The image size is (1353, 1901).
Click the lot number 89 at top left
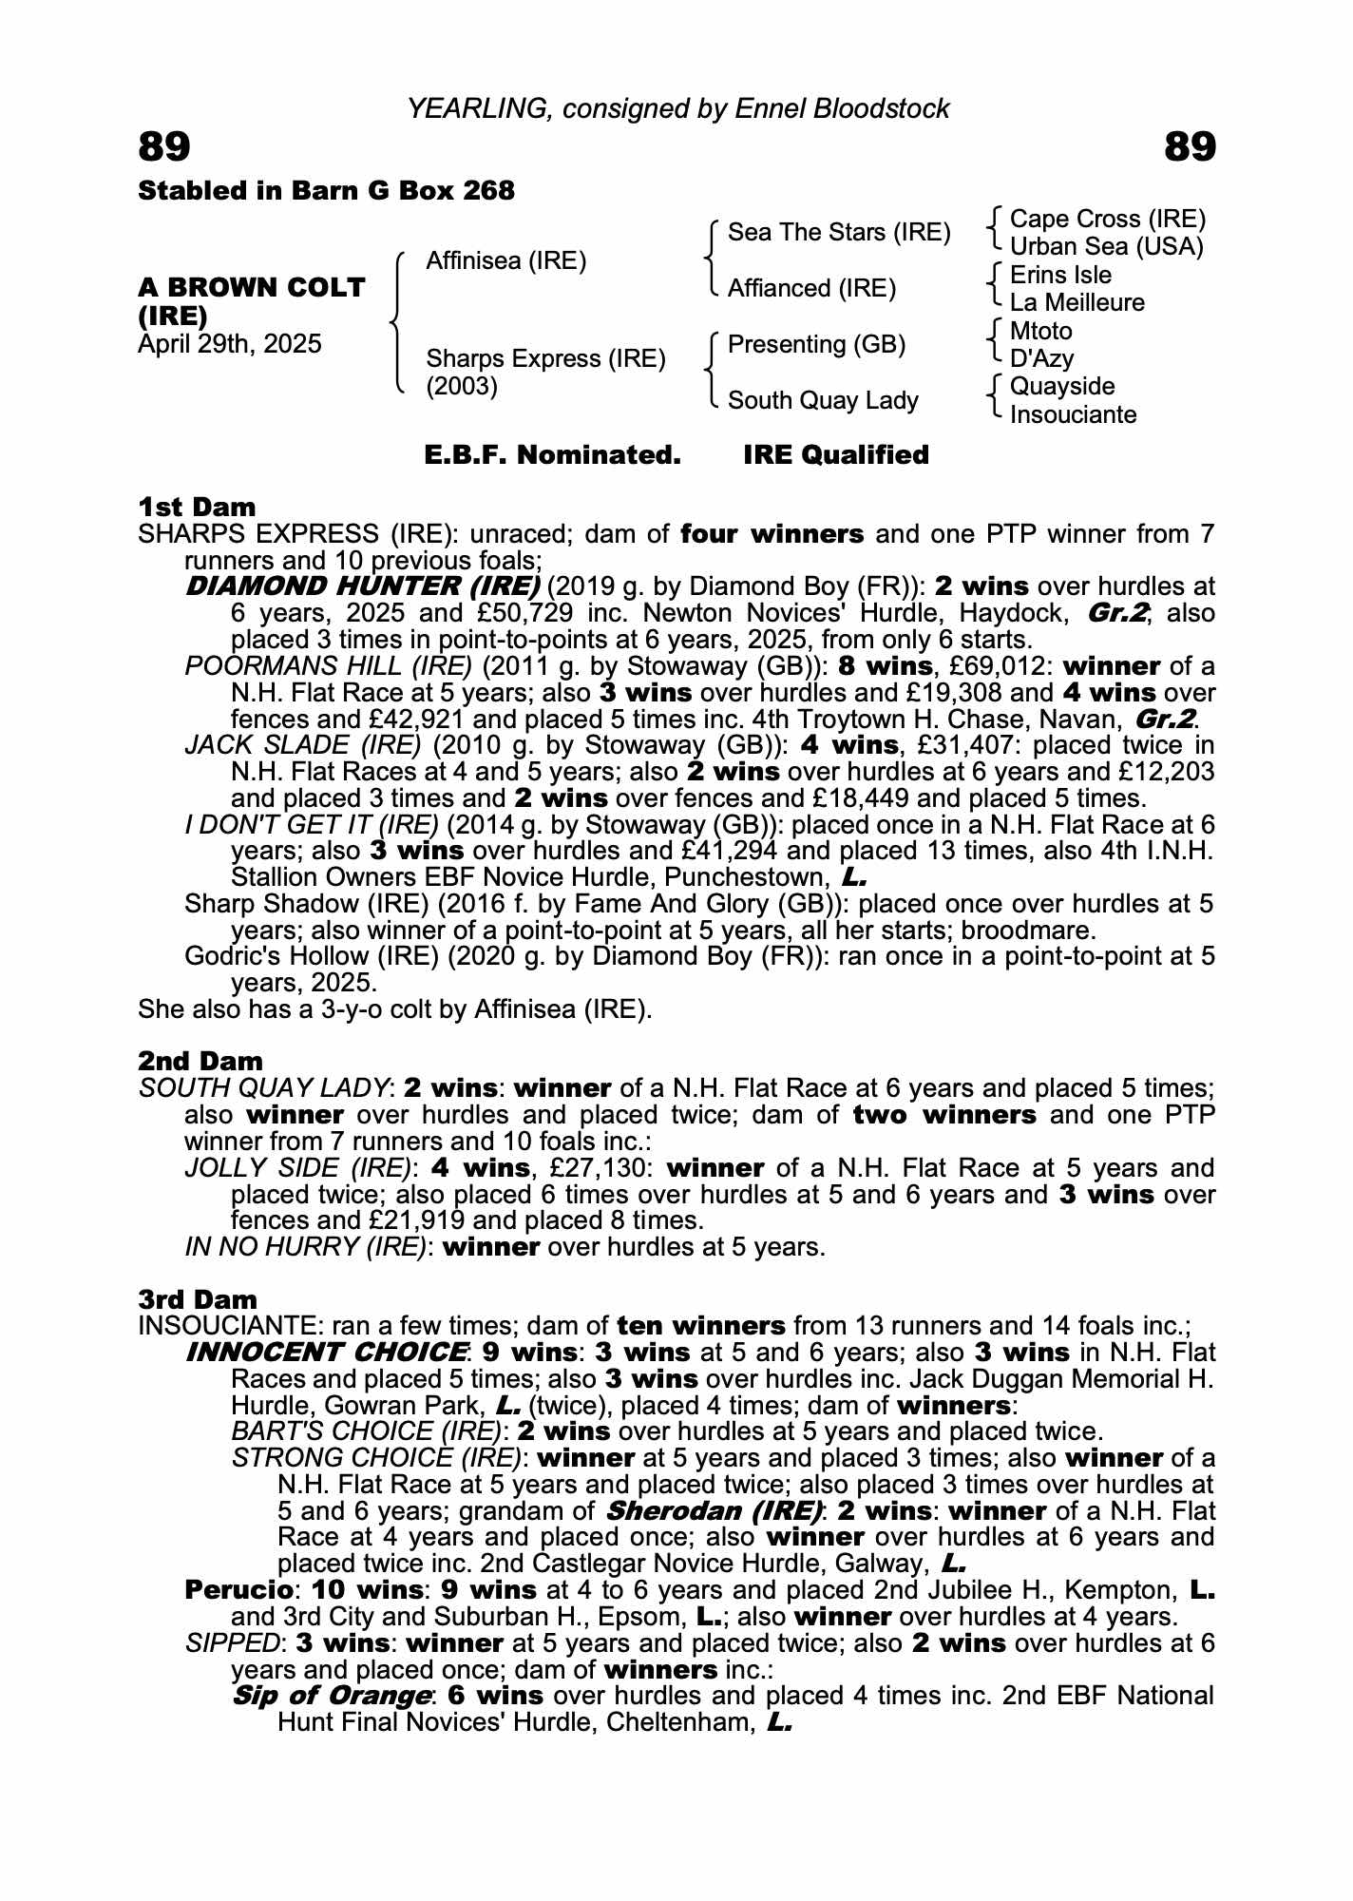pyautogui.click(x=164, y=147)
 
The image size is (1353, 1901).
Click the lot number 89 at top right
pyautogui.click(x=1189, y=147)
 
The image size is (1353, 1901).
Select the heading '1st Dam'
pyautogui.click(x=197, y=507)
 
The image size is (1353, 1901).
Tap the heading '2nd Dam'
pyautogui.click(x=200, y=1061)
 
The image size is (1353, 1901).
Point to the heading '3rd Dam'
pyautogui.click(x=198, y=1299)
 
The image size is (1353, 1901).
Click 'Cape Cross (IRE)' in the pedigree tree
pyautogui.click(x=1107, y=220)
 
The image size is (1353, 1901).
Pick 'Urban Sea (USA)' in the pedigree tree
pyautogui.click(x=1106, y=247)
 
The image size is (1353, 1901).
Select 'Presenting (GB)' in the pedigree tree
pyautogui.click(x=816, y=344)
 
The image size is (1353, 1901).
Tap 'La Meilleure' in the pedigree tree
pyautogui.click(x=1077, y=303)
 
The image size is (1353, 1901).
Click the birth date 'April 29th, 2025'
pyautogui.click(x=230, y=343)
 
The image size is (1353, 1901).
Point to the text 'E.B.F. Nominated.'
pyautogui.click(x=552, y=455)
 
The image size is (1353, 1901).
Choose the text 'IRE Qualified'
pyautogui.click(x=835, y=455)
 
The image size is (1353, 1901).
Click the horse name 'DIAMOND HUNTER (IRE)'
pyautogui.click(x=363, y=586)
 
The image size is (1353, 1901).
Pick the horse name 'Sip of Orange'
pyautogui.click(x=332, y=1696)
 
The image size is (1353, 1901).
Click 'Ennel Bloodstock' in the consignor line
pyautogui.click(x=842, y=109)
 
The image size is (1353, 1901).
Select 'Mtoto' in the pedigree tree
pyautogui.click(x=1040, y=332)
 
